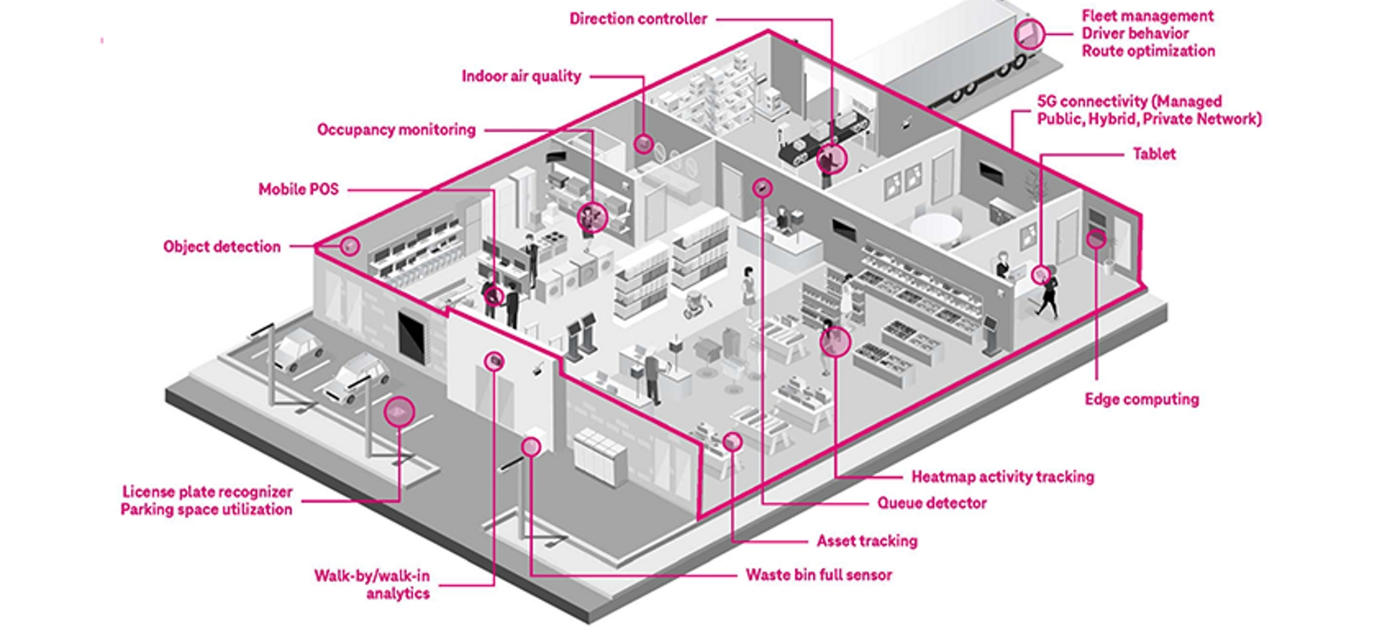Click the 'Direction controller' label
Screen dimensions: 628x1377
638,19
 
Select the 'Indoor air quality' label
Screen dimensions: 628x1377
521,77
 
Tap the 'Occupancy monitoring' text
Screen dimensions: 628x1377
397,130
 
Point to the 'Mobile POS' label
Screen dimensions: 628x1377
298,189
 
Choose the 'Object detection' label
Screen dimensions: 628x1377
222,247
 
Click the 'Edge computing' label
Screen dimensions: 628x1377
1142,399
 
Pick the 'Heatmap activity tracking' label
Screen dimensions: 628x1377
1002,477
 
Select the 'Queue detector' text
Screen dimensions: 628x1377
932,503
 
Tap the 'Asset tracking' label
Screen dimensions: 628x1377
866,542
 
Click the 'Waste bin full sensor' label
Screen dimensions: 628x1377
818,576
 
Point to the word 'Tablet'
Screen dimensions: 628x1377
1154,154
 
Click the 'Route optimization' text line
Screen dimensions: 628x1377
1148,51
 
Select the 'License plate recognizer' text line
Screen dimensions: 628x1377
207,492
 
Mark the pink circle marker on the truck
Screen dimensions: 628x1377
1028,34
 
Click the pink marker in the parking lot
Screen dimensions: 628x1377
400,412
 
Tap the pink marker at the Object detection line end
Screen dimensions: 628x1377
349,246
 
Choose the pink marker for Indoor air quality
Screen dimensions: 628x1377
643,143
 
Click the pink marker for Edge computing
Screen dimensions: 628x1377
1095,238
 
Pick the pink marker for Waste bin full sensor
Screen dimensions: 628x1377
531,447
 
